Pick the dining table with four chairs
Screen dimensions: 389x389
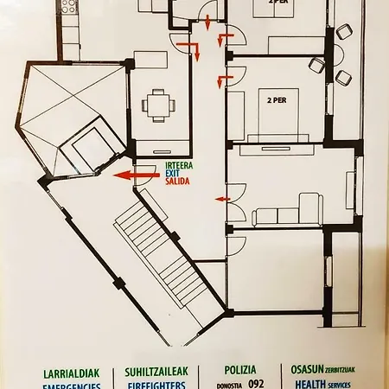click(x=158, y=105)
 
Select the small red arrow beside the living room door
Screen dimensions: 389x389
click(x=220, y=200)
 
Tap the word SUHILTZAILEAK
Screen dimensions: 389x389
click(x=156, y=373)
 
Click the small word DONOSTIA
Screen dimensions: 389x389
click(x=226, y=384)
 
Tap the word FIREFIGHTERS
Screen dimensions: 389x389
click(x=156, y=386)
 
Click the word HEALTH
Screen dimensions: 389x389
click(x=309, y=386)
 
